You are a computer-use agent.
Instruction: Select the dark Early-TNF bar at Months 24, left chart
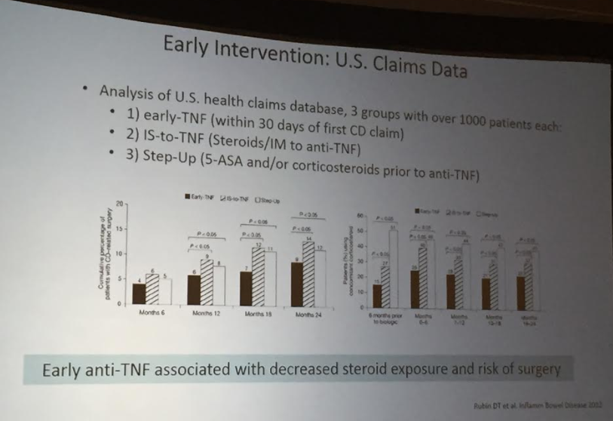click(x=296, y=284)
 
